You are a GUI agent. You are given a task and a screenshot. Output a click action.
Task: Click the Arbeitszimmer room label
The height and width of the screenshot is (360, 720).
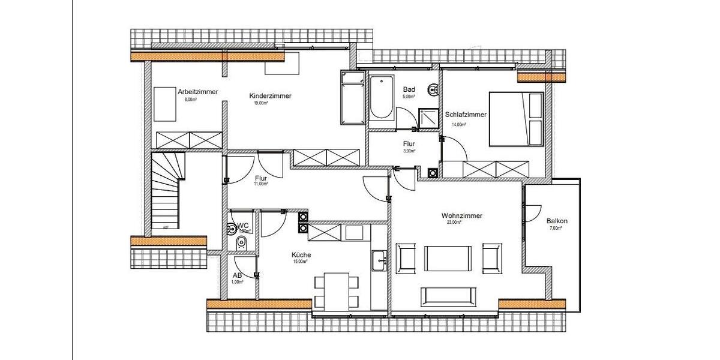[x=197, y=92]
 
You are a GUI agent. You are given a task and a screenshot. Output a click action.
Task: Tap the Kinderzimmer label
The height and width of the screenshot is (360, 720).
[x=270, y=96]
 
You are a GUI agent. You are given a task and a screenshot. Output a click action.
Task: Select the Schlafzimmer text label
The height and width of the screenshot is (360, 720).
[x=466, y=115]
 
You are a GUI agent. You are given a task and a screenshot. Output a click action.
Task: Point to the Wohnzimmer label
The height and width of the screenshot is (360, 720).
[x=462, y=215]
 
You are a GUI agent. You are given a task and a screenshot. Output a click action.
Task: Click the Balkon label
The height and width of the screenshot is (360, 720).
[x=557, y=221]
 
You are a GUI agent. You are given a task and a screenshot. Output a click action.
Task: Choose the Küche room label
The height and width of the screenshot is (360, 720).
[x=301, y=255]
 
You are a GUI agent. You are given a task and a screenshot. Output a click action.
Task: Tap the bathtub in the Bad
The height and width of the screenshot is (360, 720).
[x=381, y=98]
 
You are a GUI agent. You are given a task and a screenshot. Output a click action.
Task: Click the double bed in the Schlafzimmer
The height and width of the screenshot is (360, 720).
[x=517, y=119]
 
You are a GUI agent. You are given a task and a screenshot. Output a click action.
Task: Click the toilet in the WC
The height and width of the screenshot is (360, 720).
[x=241, y=242]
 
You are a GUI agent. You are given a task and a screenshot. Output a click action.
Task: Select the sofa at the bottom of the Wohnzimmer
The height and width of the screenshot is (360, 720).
[x=449, y=296]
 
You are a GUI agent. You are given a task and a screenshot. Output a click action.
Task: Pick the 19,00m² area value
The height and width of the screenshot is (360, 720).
[x=261, y=103]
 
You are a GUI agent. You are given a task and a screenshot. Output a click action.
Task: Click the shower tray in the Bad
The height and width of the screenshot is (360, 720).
[x=428, y=119]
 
